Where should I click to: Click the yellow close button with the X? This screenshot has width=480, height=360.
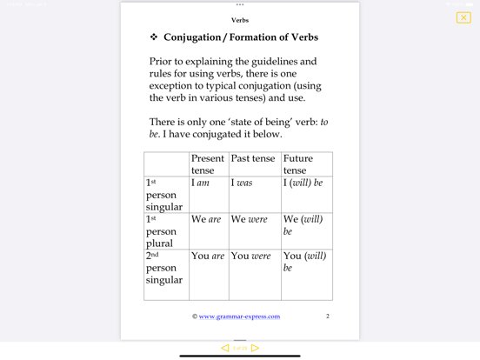463,17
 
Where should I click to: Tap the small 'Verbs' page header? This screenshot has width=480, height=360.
240,19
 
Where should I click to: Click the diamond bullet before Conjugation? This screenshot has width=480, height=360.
153,37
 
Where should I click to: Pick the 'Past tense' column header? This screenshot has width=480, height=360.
252,159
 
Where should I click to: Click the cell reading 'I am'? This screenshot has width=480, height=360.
201,183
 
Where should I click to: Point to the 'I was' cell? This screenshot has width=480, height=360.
243,183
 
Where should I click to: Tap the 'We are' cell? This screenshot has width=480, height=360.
206,220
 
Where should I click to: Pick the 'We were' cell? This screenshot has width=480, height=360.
250,220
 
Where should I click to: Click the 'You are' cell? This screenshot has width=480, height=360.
208,257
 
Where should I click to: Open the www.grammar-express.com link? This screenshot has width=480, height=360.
239,317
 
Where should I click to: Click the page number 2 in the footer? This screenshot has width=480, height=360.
327,317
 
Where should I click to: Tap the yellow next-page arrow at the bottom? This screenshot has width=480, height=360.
255,348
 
